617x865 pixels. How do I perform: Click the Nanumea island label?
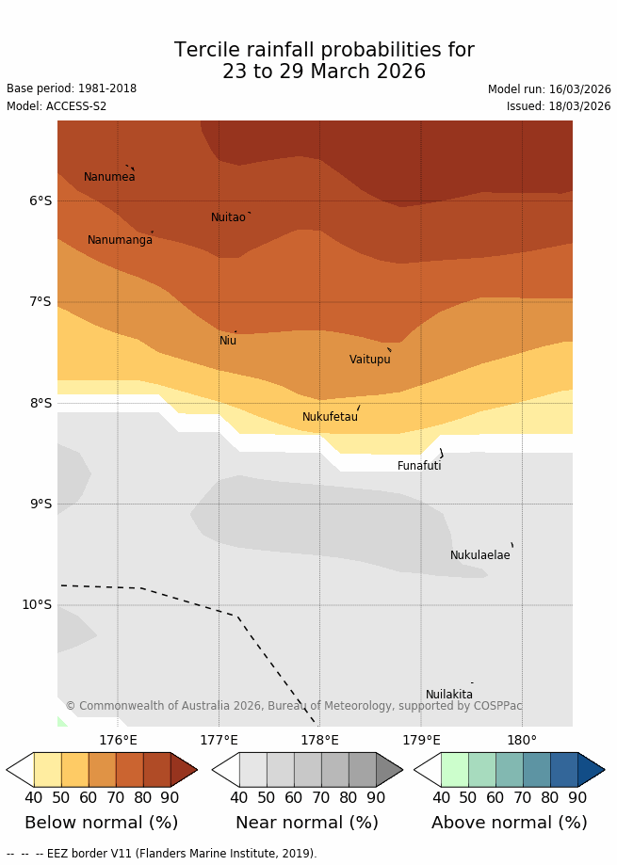click(x=109, y=177)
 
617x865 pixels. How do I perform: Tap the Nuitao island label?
click(x=228, y=217)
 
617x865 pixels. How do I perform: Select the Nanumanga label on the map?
click(x=120, y=240)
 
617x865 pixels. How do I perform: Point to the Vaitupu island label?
click(x=369, y=360)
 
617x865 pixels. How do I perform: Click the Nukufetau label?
click(x=330, y=417)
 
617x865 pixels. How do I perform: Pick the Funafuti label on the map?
click(x=419, y=466)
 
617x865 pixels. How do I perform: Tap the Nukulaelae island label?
click(x=479, y=555)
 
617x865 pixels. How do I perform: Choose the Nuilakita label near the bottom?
click(x=449, y=695)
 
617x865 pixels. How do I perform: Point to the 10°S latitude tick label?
click(x=37, y=604)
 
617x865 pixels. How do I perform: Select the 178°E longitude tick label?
click(x=319, y=740)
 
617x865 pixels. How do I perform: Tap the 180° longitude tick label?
click(x=522, y=740)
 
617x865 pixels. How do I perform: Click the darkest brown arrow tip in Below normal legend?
click(x=184, y=770)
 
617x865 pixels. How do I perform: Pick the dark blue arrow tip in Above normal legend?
click(x=591, y=770)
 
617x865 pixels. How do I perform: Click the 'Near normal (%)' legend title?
click(x=307, y=823)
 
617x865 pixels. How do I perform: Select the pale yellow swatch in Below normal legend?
click(x=47, y=770)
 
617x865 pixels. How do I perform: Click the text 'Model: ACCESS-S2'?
click(x=57, y=106)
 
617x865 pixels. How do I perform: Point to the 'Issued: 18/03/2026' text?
click(x=559, y=106)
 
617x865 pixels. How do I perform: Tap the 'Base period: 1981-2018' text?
click(x=72, y=88)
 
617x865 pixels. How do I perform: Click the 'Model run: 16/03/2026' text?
click(x=549, y=89)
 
